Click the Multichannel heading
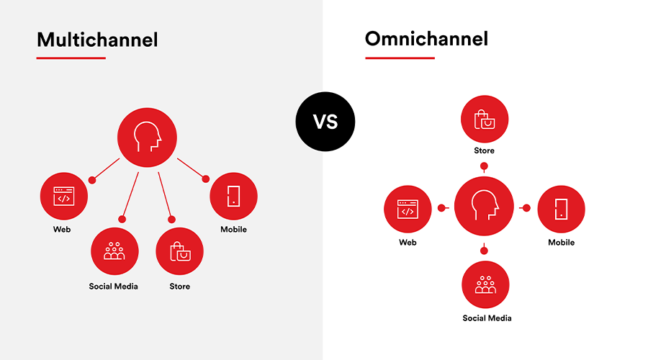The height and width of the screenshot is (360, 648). pyautogui.click(x=97, y=40)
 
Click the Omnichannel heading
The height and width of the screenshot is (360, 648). pyautogui.click(x=426, y=39)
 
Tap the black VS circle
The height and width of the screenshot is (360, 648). pyautogui.click(x=325, y=122)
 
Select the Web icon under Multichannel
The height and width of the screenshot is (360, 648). pyautogui.click(x=64, y=196)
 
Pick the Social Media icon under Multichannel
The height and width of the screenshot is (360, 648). pyautogui.click(x=114, y=251)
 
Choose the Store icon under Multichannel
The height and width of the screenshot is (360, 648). pyautogui.click(x=180, y=251)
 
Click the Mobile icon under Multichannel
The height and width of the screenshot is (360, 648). pyautogui.click(x=233, y=196)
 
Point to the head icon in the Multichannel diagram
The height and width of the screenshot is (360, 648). pyautogui.click(x=147, y=138)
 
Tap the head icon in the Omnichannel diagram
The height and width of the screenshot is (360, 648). pyautogui.click(x=484, y=206)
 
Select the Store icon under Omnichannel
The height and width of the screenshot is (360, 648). pyautogui.click(x=485, y=119)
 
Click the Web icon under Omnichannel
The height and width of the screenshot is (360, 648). pyautogui.click(x=408, y=209)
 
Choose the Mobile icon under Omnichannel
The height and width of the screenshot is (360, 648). pyautogui.click(x=561, y=209)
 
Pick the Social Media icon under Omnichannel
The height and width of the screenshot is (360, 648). pyautogui.click(x=485, y=285)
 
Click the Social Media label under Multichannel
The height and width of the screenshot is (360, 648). pyautogui.click(x=113, y=287)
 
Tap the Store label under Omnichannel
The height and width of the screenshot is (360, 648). pyautogui.click(x=484, y=150)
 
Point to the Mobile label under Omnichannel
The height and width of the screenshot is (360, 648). pyautogui.click(x=561, y=243)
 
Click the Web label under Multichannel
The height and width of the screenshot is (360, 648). pyautogui.click(x=62, y=230)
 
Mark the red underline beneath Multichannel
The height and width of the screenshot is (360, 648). pyautogui.click(x=71, y=58)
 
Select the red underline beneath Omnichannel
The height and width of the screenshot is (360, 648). pyautogui.click(x=400, y=58)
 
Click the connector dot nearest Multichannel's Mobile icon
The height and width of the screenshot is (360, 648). pyautogui.click(x=205, y=179)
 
